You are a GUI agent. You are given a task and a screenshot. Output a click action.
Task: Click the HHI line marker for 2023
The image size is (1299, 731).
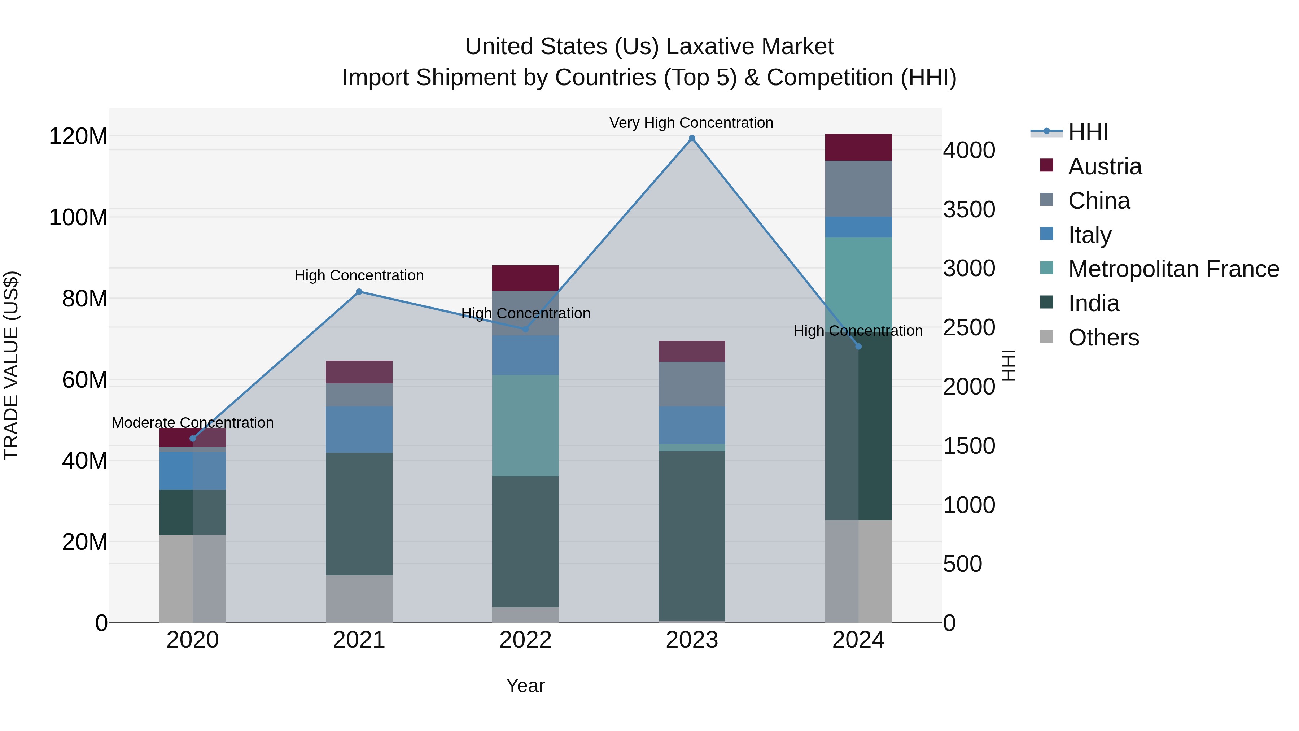[692, 138]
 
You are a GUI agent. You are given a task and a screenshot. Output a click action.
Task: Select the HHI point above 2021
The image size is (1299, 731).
[359, 292]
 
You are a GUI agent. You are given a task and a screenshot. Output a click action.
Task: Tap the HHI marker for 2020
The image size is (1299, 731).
[193, 438]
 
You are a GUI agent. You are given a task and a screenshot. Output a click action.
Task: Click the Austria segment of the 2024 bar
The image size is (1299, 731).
[858, 147]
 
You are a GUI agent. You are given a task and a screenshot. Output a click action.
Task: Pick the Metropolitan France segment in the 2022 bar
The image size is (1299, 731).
[525, 425]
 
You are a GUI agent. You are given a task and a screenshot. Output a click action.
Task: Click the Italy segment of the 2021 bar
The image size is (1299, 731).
[359, 429]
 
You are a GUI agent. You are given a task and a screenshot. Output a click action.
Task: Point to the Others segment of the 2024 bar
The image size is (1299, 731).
[858, 571]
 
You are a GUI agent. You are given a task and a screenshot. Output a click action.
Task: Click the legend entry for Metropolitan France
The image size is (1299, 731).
[1173, 269]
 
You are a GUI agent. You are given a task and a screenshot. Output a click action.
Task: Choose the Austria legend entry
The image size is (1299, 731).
[1105, 166]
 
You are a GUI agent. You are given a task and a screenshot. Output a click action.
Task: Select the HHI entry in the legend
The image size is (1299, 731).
[1088, 132]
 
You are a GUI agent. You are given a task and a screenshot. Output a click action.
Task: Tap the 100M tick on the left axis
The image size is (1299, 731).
[78, 217]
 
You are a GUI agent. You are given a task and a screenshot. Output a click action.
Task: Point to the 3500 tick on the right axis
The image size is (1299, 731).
[969, 209]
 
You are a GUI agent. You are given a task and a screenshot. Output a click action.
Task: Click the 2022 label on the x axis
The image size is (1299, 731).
[525, 640]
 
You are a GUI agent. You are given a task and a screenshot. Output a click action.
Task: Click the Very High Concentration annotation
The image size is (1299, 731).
[691, 123]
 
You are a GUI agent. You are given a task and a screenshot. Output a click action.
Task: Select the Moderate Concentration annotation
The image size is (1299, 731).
[193, 422]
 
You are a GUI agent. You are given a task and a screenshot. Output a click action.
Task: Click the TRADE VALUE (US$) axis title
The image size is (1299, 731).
[11, 365]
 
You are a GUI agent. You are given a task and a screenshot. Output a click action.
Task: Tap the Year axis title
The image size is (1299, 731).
[525, 686]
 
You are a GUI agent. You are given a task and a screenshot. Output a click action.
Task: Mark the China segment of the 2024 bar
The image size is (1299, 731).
[858, 189]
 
